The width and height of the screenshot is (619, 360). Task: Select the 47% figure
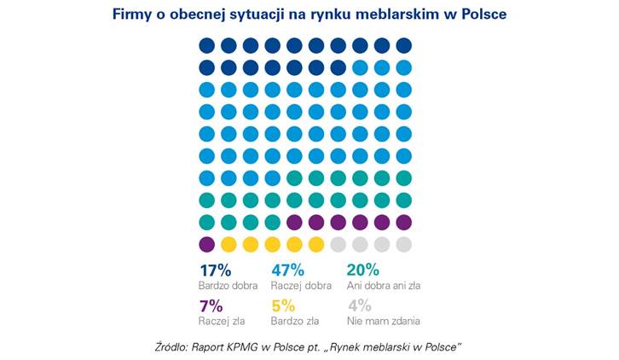(x=288, y=270)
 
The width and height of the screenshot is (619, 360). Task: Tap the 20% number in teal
(x=362, y=270)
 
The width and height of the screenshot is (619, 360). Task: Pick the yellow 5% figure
(x=284, y=306)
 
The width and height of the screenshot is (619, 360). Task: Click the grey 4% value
(x=359, y=306)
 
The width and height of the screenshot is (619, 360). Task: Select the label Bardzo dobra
(x=228, y=285)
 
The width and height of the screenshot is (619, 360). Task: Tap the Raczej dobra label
(x=301, y=285)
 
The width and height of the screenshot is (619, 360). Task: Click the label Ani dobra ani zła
(x=384, y=285)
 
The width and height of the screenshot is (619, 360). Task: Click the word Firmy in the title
(x=131, y=15)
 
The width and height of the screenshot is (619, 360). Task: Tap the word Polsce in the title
(x=482, y=15)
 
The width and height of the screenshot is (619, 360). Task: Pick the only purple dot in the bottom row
(x=206, y=244)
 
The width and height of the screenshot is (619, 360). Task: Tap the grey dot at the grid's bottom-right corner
(x=404, y=244)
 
